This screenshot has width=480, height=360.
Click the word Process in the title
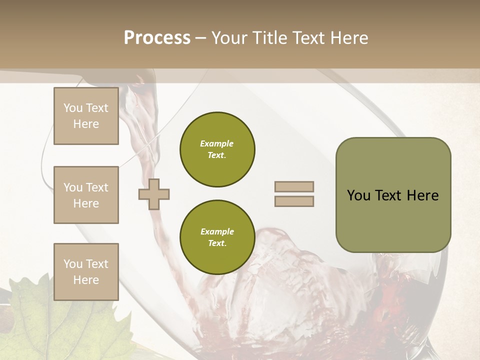pos(157,38)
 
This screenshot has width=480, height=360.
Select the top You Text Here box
pos(86,116)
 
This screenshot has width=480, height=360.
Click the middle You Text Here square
pos(86,195)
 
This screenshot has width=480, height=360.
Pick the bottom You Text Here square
pos(86,271)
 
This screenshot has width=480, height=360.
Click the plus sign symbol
pos(154,194)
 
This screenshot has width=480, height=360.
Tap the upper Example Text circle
pos(217,149)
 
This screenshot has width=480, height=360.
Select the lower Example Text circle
pos(217,237)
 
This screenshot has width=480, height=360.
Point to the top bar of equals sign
pos(294,187)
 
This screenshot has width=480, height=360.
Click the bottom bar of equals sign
pos(294,201)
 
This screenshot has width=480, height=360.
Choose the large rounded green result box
pos(393,195)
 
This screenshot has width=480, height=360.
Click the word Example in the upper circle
pos(217,143)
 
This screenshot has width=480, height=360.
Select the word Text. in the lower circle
pos(217,243)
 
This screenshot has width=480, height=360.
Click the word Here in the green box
pos(422,195)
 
